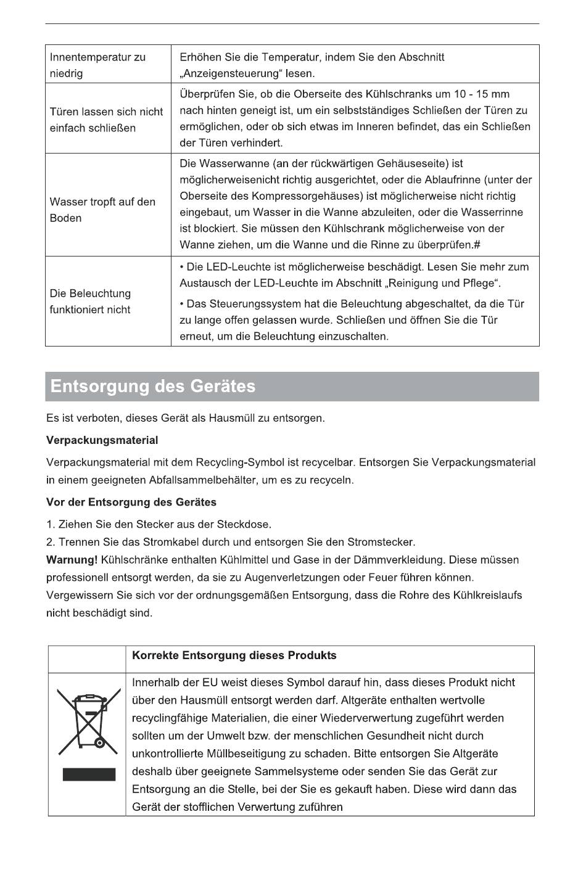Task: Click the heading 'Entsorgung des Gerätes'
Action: (x=152, y=387)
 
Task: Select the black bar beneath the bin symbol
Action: (x=89, y=774)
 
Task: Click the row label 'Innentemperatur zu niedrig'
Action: (x=97, y=65)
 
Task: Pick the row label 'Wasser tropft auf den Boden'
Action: (x=102, y=210)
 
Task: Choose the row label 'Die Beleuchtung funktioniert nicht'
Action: (x=90, y=302)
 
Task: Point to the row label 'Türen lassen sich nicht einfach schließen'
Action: (x=106, y=120)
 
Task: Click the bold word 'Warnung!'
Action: (x=72, y=560)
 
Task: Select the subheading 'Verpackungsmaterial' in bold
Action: (x=102, y=440)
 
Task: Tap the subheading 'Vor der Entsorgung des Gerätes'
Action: (x=131, y=502)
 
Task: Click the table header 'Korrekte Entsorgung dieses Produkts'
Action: (x=234, y=655)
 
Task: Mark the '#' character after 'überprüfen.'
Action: (x=477, y=245)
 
